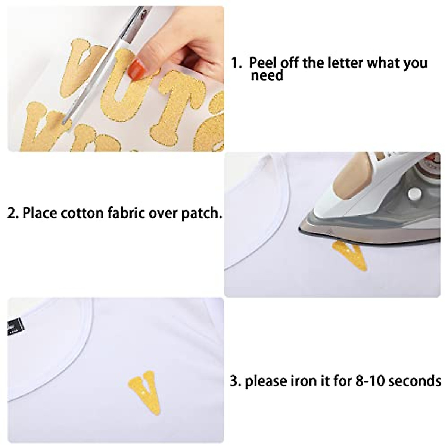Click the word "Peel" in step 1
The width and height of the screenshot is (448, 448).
[264, 63]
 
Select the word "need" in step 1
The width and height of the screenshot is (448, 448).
[267, 76]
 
